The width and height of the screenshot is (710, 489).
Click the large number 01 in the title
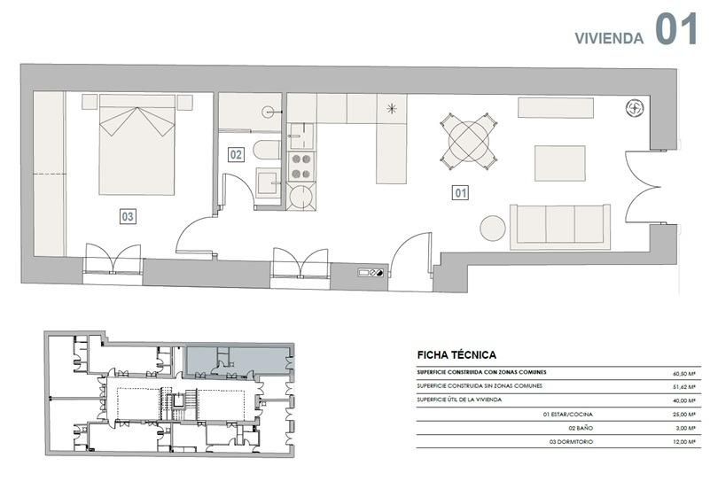(677, 28)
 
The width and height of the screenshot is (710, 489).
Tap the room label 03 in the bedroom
(129, 215)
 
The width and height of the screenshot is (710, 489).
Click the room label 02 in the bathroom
(236, 154)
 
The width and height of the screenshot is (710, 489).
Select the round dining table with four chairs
(467, 141)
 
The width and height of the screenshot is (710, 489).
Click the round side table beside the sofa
(493, 228)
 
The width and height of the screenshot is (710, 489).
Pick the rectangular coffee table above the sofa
(559, 164)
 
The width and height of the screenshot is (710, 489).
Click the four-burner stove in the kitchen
(302, 163)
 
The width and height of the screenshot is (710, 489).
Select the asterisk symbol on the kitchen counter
(393, 110)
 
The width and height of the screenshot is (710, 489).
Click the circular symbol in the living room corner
(635, 108)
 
